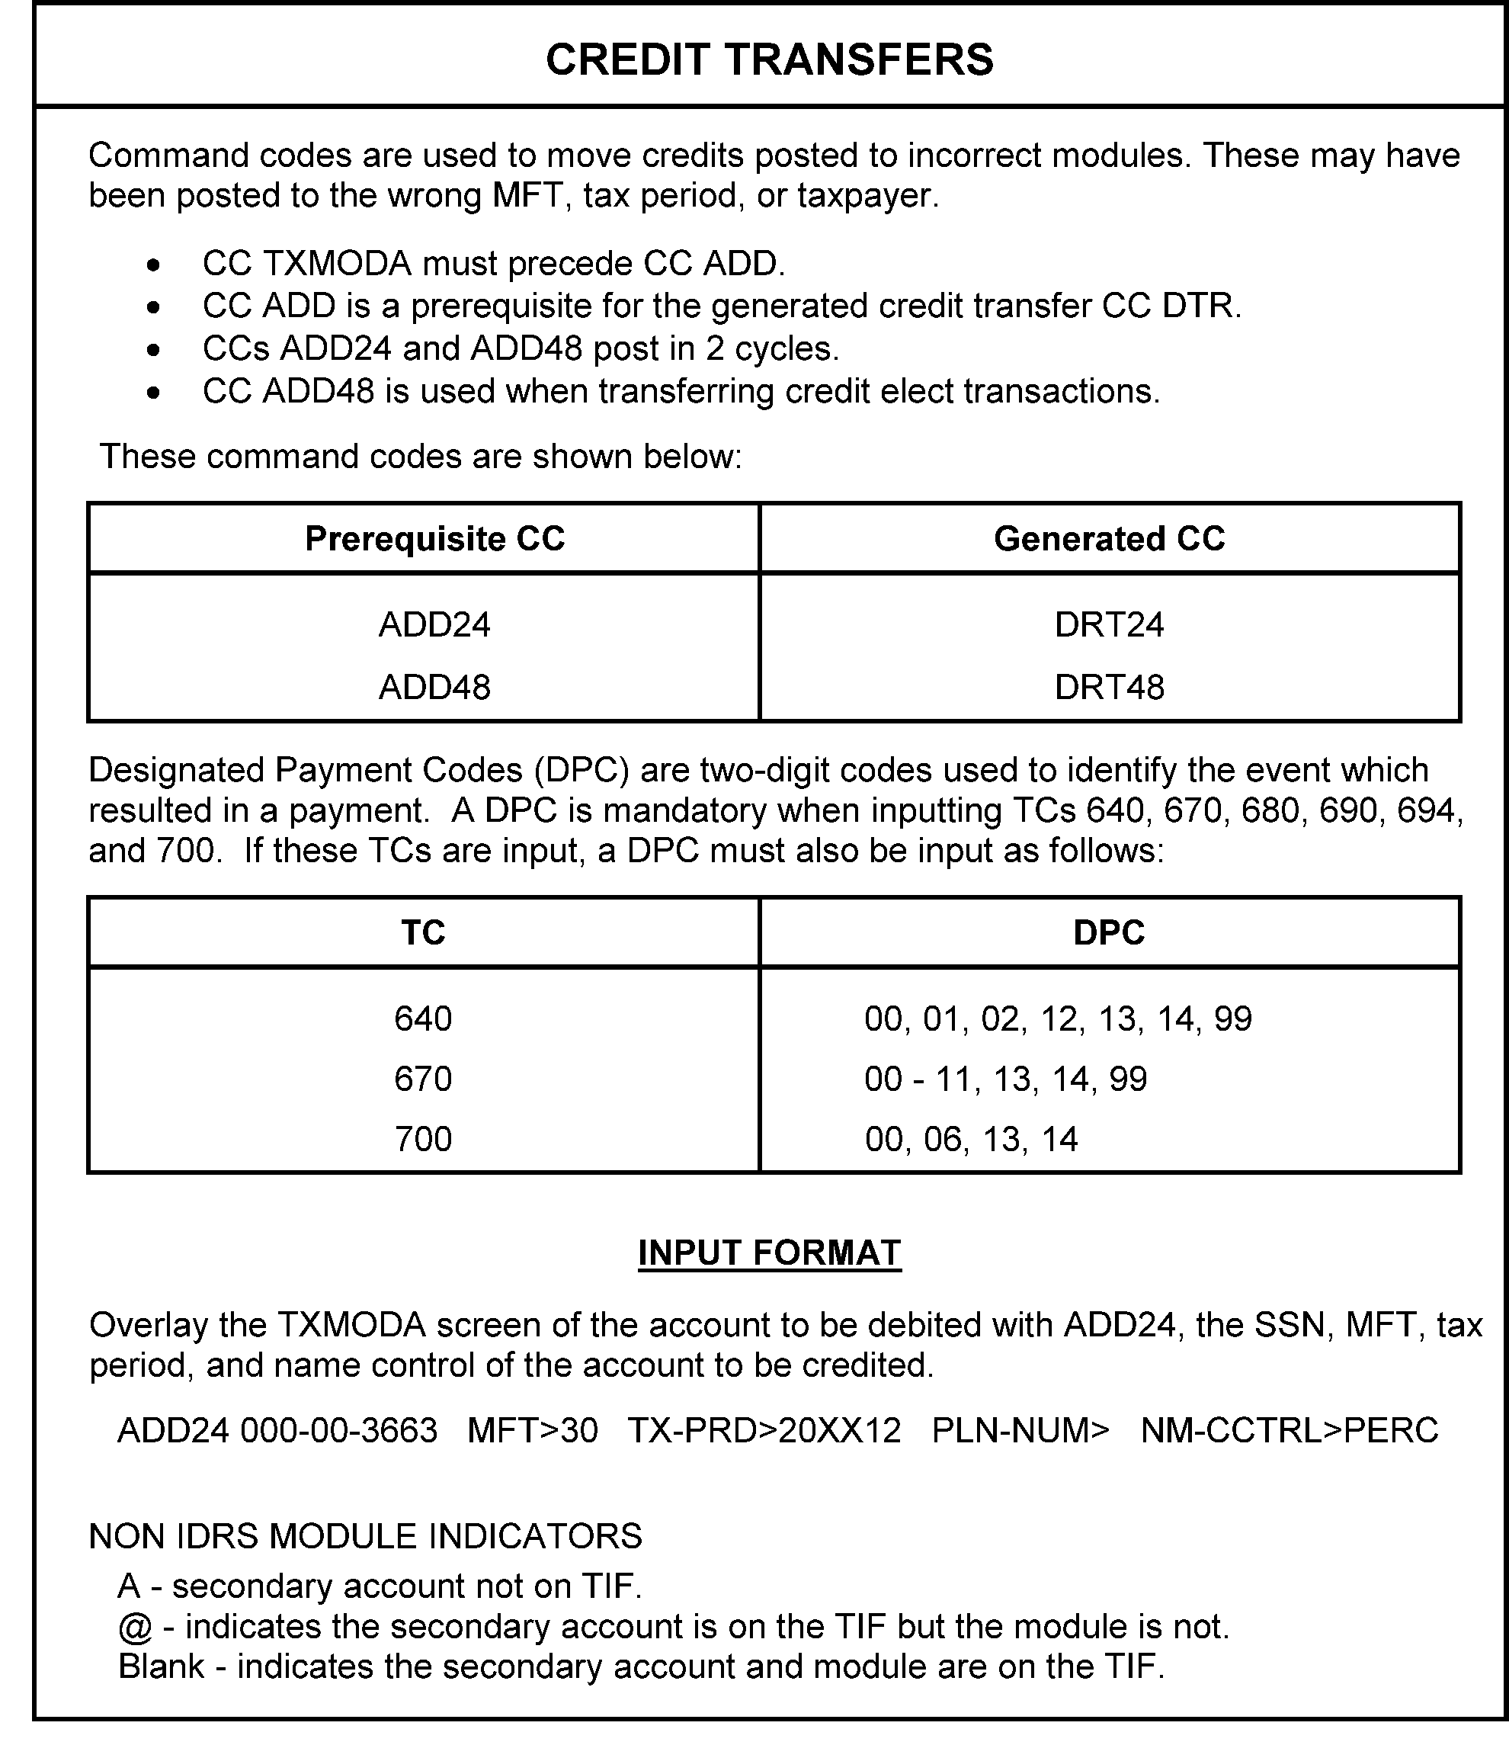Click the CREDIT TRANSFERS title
coord(769,59)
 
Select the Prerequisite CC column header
coord(434,539)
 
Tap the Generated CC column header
coord(1109,539)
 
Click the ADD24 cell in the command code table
coord(434,625)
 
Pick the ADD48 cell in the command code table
coord(434,687)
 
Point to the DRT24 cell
coord(1109,625)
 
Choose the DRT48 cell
coord(1109,687)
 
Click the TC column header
coord(423,933)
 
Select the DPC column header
coord(1109,933)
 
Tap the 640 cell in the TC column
coord(423,1019)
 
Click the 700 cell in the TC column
coord(423,1140)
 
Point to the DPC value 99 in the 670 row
coord(1127,1079)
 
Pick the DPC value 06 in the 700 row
coord(941,1140)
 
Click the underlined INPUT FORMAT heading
coord(769,1253)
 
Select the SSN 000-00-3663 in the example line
coord(338,1431)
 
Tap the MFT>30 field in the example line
coord(532,1431)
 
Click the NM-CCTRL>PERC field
coord(1290,1431)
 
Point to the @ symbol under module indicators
coord(135,1628)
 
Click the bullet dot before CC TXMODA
coord(152,265)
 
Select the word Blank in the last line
coord(162,1666)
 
